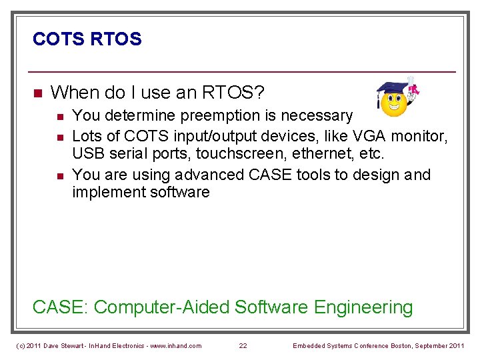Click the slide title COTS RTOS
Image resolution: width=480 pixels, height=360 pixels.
[87, 39]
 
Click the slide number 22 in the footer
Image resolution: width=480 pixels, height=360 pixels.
[243, 345]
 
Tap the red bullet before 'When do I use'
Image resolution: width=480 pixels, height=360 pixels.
[37, 92]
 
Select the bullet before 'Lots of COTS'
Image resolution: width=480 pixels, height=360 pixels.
[59, 137]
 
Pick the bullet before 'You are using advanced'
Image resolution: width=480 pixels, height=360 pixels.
[59, 175]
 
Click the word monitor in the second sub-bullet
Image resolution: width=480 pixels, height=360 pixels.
[419, 136]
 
